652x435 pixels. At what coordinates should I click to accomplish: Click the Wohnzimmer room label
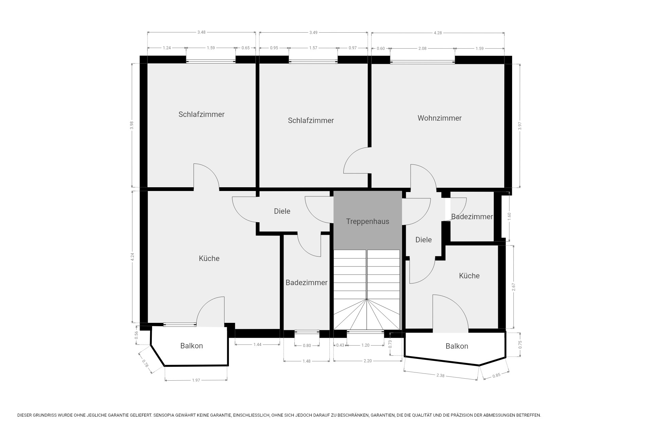click(439, 118)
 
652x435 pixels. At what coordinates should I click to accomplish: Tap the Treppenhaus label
click(367, 222)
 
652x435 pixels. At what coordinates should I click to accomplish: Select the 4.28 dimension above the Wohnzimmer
click(438, 33)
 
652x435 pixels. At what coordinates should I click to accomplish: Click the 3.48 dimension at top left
click(201, 32)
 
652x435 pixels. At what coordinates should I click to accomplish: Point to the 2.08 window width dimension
click(422, 49)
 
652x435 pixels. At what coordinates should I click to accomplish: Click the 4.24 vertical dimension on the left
click(132, 257)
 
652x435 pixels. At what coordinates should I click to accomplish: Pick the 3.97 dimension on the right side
click(520, 126)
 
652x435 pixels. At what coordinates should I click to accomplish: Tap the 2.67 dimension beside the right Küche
click(513, 287)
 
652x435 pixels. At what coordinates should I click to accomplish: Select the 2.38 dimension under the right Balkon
click(440, 375)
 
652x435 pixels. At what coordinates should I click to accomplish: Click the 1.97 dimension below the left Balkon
click(196, 380)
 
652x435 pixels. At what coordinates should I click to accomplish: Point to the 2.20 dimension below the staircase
click(367, 361)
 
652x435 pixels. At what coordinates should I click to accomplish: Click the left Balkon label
click(192, 346)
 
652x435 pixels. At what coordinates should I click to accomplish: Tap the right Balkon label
click(457, 346)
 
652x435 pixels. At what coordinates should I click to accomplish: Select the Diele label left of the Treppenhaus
click(282, 211)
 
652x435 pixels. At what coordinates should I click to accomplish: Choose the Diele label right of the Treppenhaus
click(423, 240)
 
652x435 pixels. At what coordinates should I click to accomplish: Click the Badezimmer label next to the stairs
click(306, 283)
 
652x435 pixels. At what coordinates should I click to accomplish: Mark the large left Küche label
click(209, 259)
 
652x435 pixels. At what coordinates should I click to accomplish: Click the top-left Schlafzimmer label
click(201, 115)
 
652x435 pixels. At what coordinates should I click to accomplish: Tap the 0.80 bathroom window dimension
click(307, 346)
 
